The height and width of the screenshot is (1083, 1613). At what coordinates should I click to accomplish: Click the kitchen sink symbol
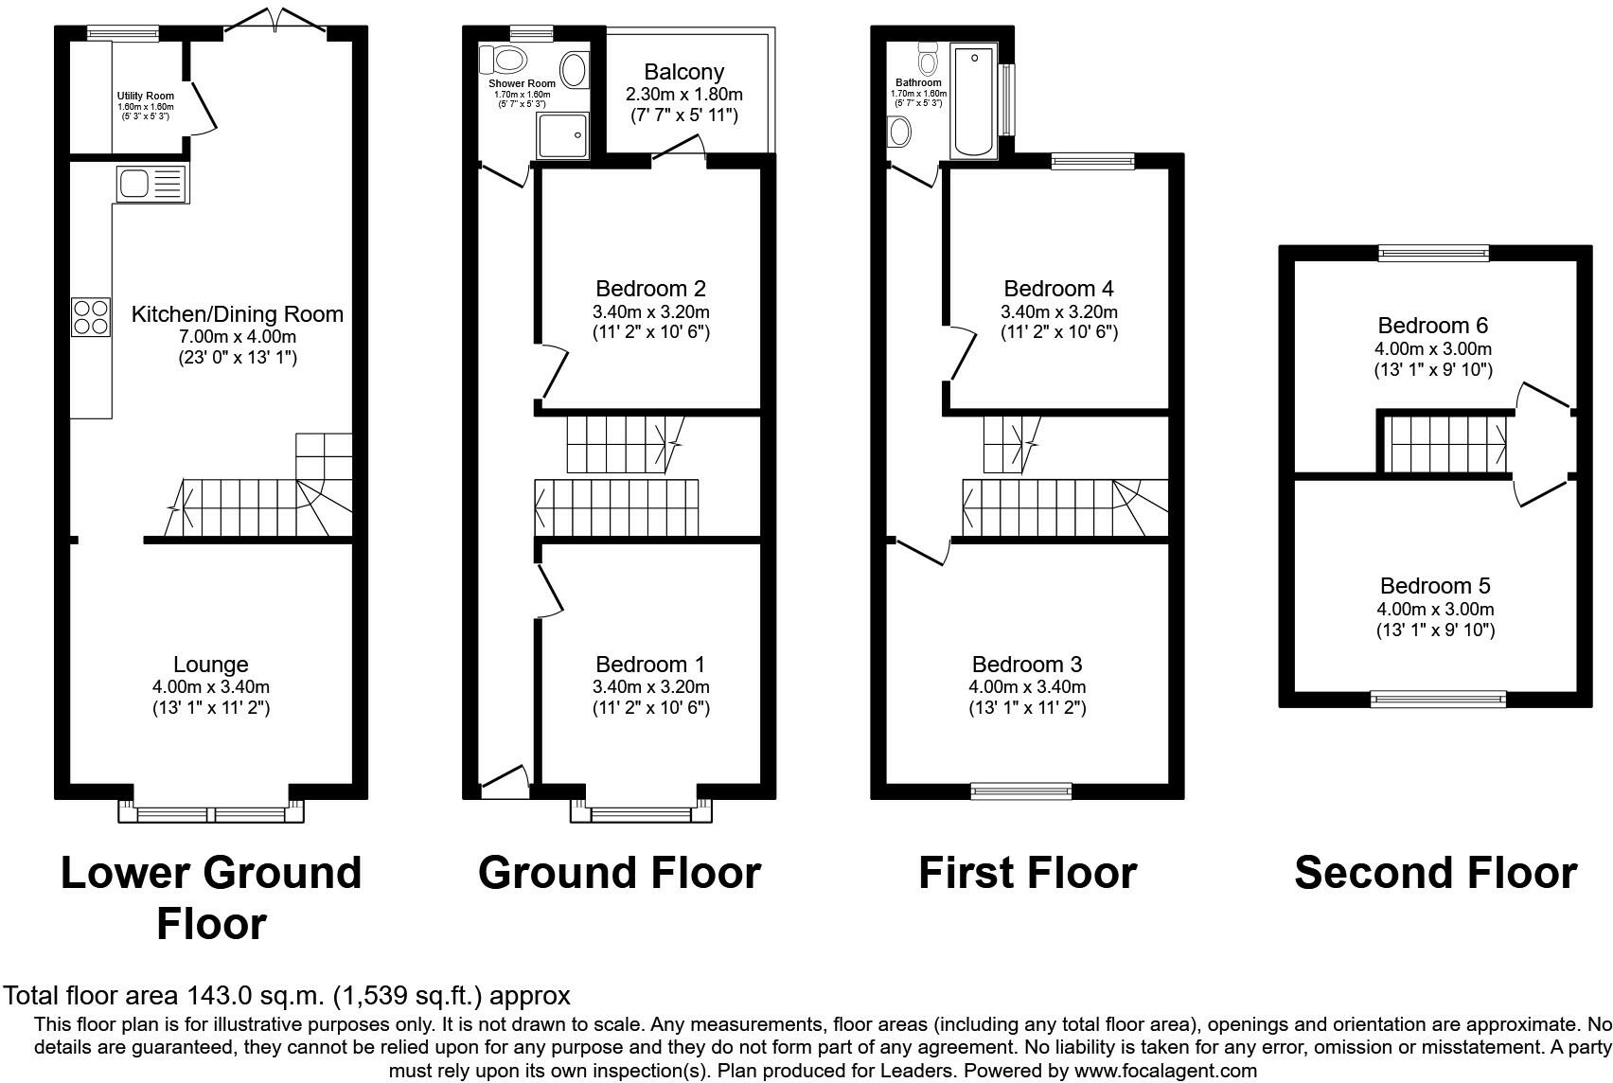click(x=151, y=183)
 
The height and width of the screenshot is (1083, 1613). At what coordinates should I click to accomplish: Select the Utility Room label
click(x=146, y=96)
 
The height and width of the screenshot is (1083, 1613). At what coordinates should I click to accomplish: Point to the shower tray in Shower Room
click(x=563, y=137)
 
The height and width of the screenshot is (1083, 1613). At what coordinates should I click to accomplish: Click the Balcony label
click(x=683, y=72)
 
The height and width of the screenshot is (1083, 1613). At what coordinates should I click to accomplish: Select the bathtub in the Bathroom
click(x=973, y=102)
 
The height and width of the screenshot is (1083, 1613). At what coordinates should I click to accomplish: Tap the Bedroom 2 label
click(x=650, y=289)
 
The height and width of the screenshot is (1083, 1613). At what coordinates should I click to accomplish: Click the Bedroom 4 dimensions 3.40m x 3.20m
click(x=1058, y=312)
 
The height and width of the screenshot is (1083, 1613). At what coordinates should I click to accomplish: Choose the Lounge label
click(x=210, y=665)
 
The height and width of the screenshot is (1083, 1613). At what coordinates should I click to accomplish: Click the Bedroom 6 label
click(x=1432, y=326)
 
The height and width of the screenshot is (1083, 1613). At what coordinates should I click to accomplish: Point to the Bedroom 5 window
click(x=1438, y=700)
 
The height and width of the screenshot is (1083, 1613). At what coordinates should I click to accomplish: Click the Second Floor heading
click(x=1434, y=872)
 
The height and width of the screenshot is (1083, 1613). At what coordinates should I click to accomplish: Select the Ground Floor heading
click(x=619, y=872)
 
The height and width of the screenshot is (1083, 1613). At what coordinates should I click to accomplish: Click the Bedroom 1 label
click(x=650, y=665)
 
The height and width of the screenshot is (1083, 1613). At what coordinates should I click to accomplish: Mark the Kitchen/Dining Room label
click(x=237, y=314)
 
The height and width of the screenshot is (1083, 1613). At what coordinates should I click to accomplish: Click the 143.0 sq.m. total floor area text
click(x=287, y=996)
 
